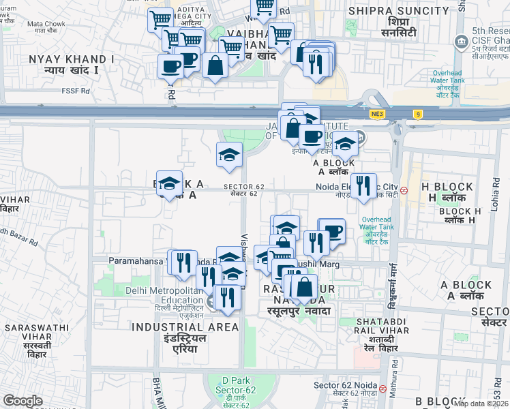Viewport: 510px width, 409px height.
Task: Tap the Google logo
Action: [23, 401]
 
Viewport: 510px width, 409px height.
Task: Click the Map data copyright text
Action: [481, 404]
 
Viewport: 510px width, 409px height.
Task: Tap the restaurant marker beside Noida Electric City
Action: [363, 185]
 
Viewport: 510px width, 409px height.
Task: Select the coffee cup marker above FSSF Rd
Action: [170, 66]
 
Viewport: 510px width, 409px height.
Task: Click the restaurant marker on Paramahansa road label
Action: [182, 262]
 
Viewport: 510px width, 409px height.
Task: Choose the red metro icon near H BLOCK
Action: [404, 190]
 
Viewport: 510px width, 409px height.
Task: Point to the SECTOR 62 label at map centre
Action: [243, 190]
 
